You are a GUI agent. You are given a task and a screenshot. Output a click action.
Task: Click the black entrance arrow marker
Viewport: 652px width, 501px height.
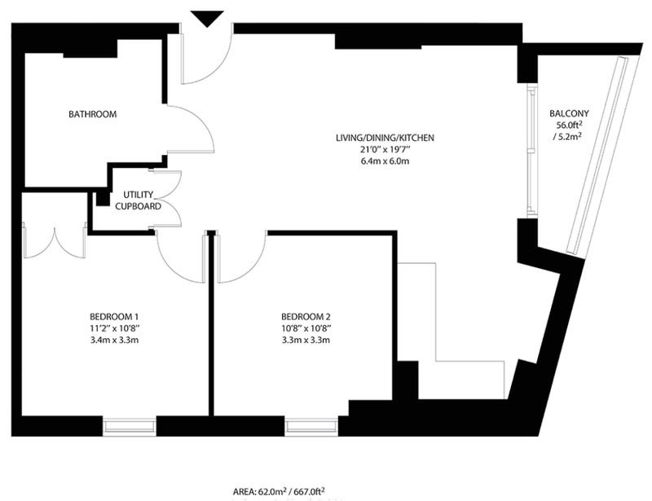(x=207, y=19)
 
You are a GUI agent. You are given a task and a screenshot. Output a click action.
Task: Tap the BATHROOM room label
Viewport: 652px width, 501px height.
(x=93, y=114)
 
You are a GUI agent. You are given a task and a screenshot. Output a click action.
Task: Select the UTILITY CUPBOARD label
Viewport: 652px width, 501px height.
(x=138, y=200)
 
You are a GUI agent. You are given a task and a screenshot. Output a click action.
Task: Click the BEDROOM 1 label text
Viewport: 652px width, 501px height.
(x=114, y=316)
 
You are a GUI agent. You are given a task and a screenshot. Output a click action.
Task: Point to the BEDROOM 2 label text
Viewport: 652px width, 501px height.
(x=306, y=316)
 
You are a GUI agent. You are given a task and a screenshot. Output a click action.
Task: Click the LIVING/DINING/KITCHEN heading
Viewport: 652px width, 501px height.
(x=385, y=138)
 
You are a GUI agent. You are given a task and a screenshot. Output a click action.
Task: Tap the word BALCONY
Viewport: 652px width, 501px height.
(x=569, y=113)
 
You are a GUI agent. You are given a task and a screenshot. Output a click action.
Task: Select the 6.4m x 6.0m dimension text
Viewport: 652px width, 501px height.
(x=385, y=161)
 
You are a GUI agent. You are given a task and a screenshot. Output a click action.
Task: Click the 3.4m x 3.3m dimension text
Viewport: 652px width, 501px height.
(x=114, y=340)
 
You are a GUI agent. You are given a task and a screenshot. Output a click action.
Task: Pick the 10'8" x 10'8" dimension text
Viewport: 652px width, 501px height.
(x=306, y=328)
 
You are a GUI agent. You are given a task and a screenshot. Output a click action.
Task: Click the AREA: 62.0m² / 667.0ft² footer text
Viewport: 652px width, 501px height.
(x=279, y=492)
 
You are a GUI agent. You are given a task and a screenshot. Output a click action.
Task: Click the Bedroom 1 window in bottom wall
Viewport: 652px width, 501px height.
(x=130, y=427)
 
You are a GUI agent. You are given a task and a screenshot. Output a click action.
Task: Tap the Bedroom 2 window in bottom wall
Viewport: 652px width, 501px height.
(x=311, y=427)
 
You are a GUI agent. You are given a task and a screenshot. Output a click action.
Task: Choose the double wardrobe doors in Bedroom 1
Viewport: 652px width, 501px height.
(x=55, y=245)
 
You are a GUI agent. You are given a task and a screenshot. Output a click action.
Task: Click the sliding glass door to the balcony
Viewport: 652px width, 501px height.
(x=532, y=151)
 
